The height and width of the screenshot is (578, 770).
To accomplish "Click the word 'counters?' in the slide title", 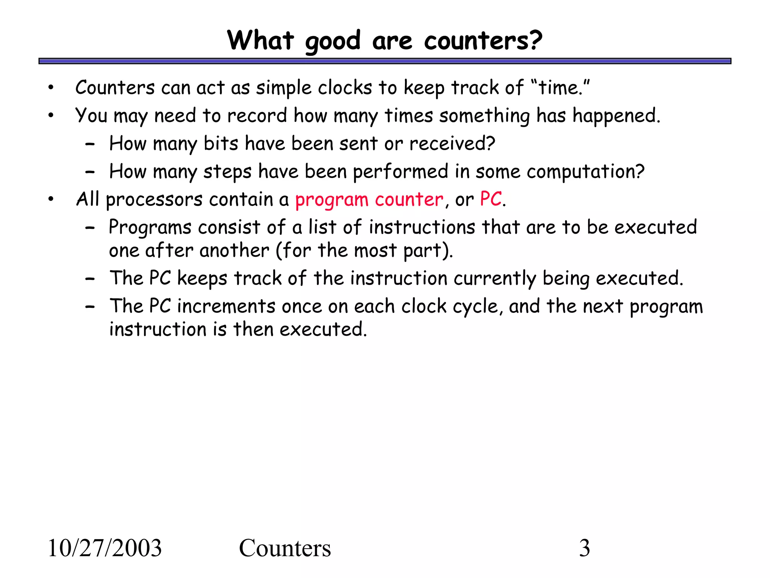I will click(x=483, y=40).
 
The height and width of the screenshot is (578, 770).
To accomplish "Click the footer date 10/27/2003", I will click(x=105, y=548).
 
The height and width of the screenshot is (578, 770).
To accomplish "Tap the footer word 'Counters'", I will click(x=285, y=548).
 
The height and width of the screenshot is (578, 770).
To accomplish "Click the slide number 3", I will click(x=584, y=548).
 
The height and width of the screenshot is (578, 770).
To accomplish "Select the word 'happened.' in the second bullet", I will click(x=616, y=116).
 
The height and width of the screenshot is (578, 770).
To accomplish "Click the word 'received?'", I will click(x=452, y=144).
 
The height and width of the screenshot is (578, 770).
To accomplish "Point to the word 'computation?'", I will click(x=585, y=172).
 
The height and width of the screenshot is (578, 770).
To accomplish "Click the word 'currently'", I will click(x=495, y=279).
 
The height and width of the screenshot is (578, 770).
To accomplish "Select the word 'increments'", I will click(x=226, y=306).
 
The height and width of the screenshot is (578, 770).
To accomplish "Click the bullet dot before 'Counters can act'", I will click(x=51, y=88).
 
